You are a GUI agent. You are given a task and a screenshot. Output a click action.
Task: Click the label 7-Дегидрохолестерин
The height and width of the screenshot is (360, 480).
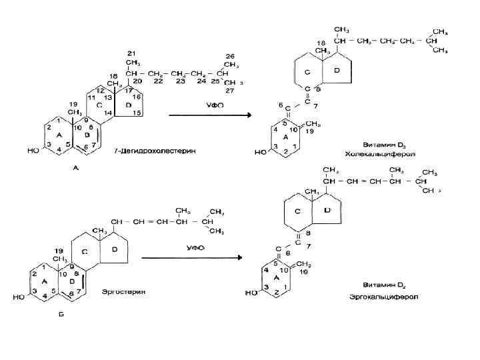(x=149, y=151)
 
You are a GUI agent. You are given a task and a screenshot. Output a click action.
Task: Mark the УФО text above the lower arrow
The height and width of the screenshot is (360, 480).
(x=195, y=247)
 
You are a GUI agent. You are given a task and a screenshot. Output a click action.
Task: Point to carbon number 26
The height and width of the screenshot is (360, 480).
(x=230, y=56)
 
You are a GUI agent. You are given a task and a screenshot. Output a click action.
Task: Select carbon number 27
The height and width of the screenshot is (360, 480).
(x=230, y=89)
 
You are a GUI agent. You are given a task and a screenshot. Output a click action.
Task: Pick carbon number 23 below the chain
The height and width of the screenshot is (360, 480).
(x=180, y=82)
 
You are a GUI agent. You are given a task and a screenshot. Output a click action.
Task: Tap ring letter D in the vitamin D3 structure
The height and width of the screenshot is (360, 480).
(x=336, y=70)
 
